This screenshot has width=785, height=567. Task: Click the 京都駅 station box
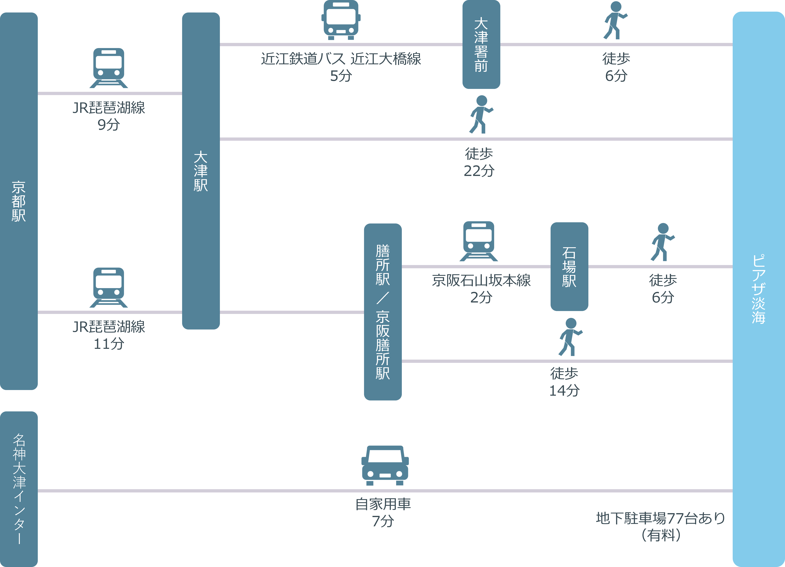click(x=19, y=201)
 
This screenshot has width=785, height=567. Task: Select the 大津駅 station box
click(x=201, y=171)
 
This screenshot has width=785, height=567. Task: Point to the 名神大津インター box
click(x=19, y=488)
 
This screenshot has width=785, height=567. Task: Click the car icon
click(x=385, y=466)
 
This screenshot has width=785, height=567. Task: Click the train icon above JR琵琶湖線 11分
click(x=109, y=287)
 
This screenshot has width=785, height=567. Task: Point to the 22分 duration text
click(x=479, y=171)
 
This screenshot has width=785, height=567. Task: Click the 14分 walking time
click(x=564, y=391)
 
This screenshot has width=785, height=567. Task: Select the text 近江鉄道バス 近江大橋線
click(x=341, y=59)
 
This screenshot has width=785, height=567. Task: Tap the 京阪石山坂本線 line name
click(x=481, y=280)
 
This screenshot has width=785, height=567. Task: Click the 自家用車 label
click(x=383, y=504)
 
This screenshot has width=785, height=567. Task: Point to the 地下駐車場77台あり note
click(x=660, y=518)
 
